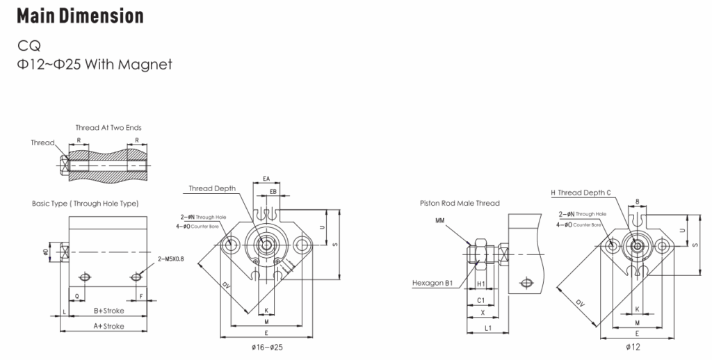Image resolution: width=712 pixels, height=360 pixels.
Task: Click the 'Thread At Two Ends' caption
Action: (x=108, y=127)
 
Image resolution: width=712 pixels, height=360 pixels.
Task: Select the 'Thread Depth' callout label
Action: (x=212, y=188)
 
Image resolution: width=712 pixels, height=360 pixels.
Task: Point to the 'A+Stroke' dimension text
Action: (x=109, y=325)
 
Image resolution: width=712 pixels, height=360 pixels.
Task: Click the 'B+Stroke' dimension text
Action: (x=109, y=311)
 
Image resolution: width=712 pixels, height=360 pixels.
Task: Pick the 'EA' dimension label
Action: (x=267, y=179)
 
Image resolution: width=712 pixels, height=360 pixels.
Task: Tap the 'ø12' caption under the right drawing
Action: (x=633, y=346)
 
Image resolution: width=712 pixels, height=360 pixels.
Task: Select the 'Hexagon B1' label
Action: (x=432, y=283)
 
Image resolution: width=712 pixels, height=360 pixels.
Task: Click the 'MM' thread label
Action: (x=440, y=220)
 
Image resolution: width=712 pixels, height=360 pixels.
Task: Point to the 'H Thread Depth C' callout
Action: (x=581, y=193)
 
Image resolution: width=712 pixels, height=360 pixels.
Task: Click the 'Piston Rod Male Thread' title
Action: (x=460, y=204)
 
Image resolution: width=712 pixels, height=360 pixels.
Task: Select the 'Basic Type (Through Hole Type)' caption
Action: (x=85, y=204)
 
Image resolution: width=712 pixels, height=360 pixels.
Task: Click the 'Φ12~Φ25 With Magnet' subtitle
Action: (x=95, y=65)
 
